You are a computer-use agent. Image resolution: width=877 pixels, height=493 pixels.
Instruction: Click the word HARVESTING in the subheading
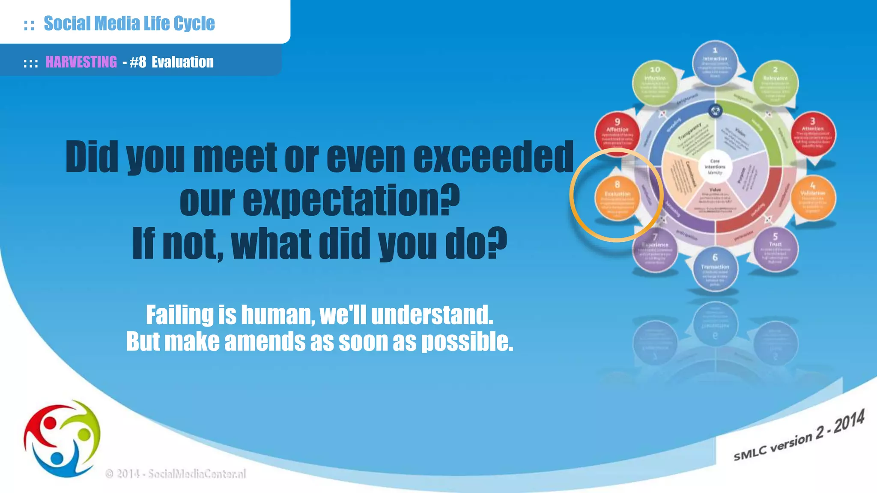pyautogui.click(x=81, y=62)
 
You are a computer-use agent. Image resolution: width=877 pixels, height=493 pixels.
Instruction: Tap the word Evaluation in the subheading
pyautogui.click(x=182, y=62)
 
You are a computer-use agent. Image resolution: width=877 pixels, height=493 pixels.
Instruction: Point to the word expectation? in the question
pyautogui.click(x=319, y=200)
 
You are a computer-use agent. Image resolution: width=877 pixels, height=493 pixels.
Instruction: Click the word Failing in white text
pyautogui.click(x=179, y=315)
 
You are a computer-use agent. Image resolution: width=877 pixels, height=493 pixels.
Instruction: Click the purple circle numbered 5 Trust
pyautogui.click(x=775, y=249)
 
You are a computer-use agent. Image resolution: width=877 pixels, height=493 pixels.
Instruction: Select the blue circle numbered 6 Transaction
pyautogui.click(x=715, y=270)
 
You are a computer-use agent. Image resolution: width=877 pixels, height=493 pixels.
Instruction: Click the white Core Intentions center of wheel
pyautogui.click(x=715, y=167)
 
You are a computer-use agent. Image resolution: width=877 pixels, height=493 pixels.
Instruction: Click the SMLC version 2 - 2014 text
pyautogui.click(x=799, y=437)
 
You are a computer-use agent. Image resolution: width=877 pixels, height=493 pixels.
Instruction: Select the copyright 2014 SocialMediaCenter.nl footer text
pyautogui.click(x=176, y=474)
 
